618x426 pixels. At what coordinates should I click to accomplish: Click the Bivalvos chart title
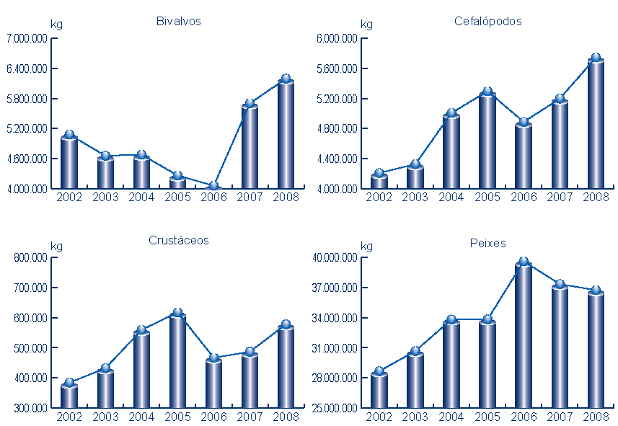178,21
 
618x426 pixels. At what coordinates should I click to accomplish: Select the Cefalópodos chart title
487,21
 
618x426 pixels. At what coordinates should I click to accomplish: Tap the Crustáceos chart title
178,240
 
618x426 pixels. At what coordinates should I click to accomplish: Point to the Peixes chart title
487,243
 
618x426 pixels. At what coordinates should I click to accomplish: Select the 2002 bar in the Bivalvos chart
69,163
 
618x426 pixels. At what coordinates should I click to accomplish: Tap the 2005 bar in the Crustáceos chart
177,360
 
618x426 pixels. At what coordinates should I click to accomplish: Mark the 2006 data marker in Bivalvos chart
213,186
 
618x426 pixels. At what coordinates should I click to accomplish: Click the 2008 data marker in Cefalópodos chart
596,58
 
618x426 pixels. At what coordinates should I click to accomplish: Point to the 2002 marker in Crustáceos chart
69,383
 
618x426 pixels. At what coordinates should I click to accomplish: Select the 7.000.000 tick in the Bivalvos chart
27,39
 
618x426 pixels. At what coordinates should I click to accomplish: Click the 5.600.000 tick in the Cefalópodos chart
337,69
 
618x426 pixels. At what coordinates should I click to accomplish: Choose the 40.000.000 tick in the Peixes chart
335,258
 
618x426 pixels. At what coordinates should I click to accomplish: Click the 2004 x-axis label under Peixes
451,417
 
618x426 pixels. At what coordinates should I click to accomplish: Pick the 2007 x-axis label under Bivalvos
250,198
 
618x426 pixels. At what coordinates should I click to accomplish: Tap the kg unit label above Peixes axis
366,247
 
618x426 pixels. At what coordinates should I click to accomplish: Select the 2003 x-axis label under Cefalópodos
415,198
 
